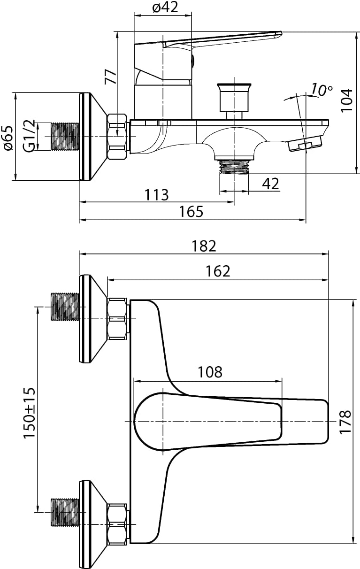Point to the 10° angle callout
(322, 90)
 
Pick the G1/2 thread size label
(30, 137)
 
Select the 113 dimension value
(157, 194)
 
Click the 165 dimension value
(191, 212)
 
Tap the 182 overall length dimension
(204, 246)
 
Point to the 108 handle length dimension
(209, 372)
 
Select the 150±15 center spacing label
(30, 414)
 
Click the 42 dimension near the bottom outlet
(270, 184)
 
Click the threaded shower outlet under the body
(234, 166)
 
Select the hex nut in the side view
(118, 137)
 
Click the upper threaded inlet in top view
(64, 307)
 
